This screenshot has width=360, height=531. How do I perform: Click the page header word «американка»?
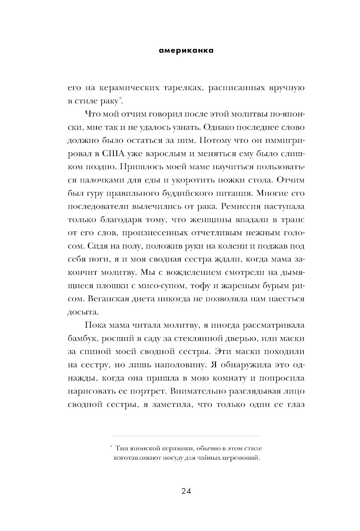coord(186,51)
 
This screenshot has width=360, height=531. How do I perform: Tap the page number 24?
coord(186,491)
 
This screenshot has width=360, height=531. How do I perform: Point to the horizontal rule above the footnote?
coord(186,436)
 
